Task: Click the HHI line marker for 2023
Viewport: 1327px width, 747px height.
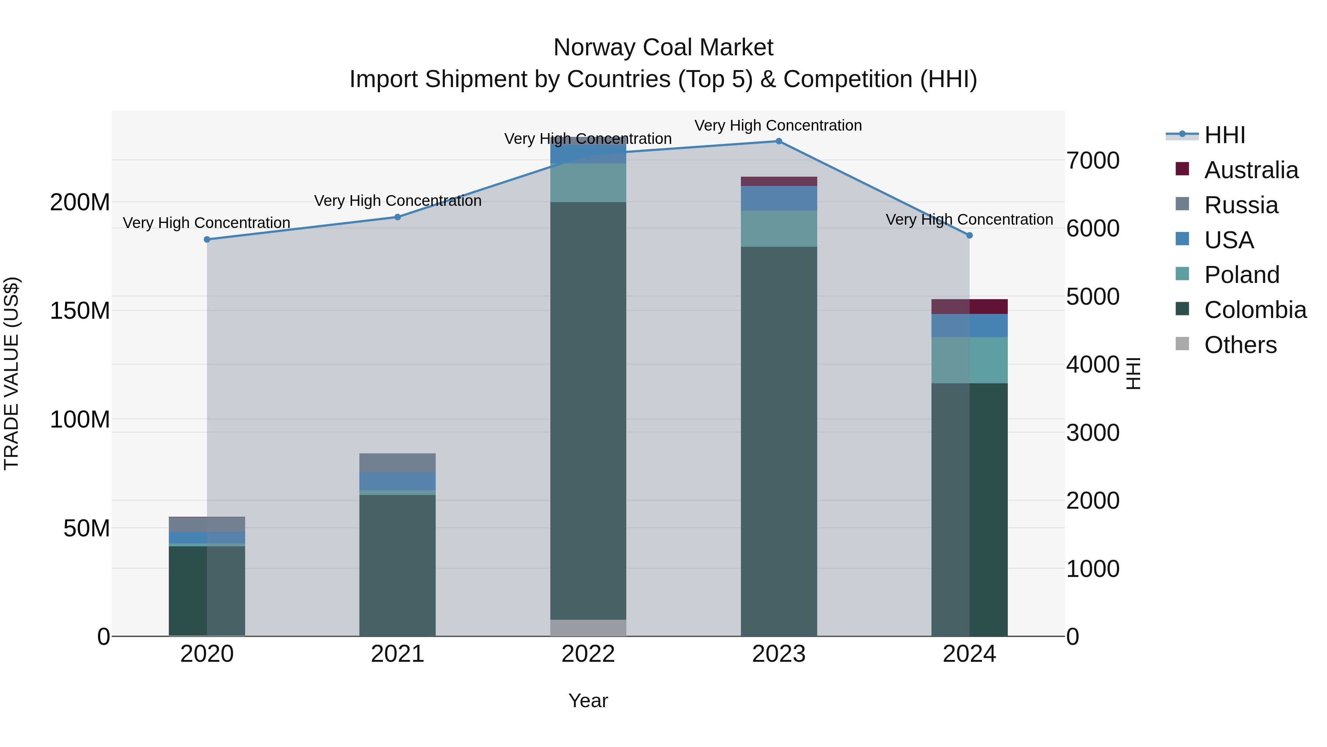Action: click(x=779, y=141)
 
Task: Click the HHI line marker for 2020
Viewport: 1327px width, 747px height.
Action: click(x=207, y=239)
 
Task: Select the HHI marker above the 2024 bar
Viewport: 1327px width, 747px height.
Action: click(x=969, y=235)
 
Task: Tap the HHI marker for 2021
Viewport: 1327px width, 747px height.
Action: click(x=397, y=217)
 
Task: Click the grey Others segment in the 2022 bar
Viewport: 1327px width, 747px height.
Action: click(x=588, y=627)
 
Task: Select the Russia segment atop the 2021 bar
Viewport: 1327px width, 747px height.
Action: click(x=397, y=463)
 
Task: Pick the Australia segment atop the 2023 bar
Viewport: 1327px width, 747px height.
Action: click(x=779, y=181)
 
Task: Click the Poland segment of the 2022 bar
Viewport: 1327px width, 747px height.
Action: click(x=588, y=183)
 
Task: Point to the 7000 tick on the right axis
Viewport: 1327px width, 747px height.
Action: click(x=1093, y=160)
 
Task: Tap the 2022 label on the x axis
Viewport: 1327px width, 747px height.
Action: click(x=588, y=654)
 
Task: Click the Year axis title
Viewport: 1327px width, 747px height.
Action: click(x=588, y=701)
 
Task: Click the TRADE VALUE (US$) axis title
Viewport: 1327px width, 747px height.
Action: click(x=11, y=373)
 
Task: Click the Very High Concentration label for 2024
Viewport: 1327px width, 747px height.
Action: click(x=969, y=219)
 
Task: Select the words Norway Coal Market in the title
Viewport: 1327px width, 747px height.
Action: click(x=663, y=48)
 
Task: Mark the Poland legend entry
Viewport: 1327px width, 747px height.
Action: click(x=1241, y=275)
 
